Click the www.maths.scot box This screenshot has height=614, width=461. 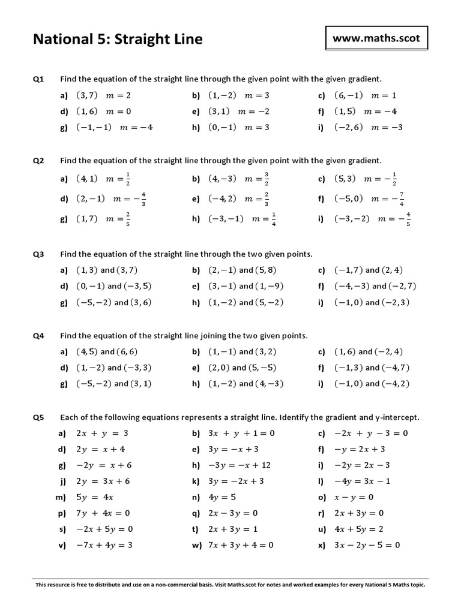[x=377, y=40]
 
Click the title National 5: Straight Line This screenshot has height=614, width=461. [x=118, y=40]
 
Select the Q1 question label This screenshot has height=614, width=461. [x=38, y=79]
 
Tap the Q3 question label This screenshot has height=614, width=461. [x=38, y=254]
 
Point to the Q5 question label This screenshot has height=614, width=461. [x=38, y=417]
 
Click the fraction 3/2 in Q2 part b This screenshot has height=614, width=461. [x=267, y=179]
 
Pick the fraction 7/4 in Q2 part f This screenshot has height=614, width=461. [x=401, y=199]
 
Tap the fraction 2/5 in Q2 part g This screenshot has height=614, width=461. [x=127, y=219]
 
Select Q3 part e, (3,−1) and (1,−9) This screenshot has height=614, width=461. [x=246, y=287]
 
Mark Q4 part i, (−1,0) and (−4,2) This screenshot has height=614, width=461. [x=372, y=384]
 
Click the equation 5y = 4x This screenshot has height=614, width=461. [x=95, y=497]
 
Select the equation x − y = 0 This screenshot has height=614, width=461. [x=354, y=497]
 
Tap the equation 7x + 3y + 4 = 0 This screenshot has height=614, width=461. [x=241, y=546]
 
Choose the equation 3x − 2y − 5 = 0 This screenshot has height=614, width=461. [x=367, y=546]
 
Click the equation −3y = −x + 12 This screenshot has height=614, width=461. [x=240, y=465]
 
